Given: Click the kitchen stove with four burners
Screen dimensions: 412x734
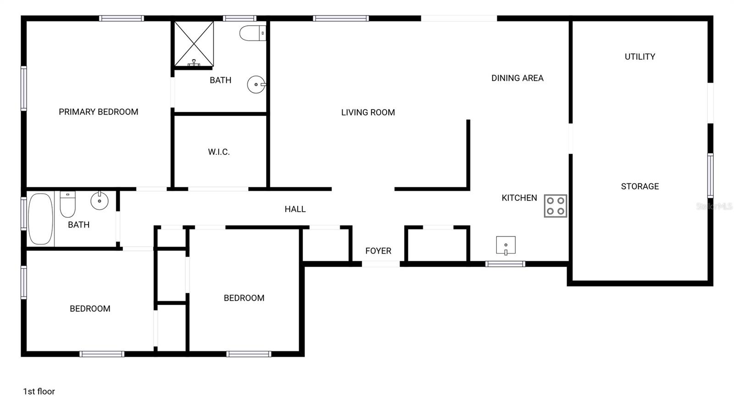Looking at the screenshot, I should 556,206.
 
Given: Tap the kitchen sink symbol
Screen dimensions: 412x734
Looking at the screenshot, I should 506,245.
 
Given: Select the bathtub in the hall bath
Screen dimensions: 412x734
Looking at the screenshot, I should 40,219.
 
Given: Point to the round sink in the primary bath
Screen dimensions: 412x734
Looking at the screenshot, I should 256,84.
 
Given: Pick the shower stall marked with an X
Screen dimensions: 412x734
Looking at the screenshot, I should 194,44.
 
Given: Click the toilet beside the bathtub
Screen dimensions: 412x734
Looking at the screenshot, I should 67,204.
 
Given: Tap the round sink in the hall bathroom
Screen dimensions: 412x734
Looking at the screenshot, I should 100,200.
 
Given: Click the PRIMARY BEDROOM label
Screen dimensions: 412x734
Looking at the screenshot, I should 98,112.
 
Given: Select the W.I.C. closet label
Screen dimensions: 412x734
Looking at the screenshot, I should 219,152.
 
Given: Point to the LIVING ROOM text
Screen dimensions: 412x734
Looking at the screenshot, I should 368,112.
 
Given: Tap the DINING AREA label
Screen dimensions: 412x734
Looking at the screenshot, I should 517,78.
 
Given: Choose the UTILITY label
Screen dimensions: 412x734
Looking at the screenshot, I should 639,57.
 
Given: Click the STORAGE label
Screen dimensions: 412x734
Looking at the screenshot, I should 639,187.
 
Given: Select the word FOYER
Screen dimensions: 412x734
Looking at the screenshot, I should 378,251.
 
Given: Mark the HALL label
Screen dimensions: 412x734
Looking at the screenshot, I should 295,209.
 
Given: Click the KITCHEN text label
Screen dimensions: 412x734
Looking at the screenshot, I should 519,198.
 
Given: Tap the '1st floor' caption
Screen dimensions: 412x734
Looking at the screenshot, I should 39,391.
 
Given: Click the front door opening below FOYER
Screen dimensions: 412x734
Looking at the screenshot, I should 381,264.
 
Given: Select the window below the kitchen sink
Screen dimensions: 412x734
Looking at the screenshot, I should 505,264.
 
